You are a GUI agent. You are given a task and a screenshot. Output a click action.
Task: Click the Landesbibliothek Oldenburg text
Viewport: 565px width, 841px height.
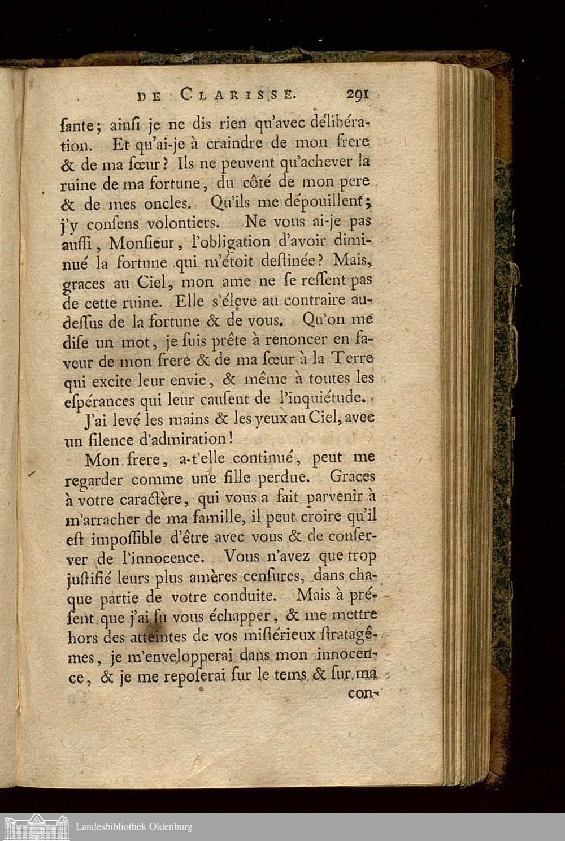[134, 826]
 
